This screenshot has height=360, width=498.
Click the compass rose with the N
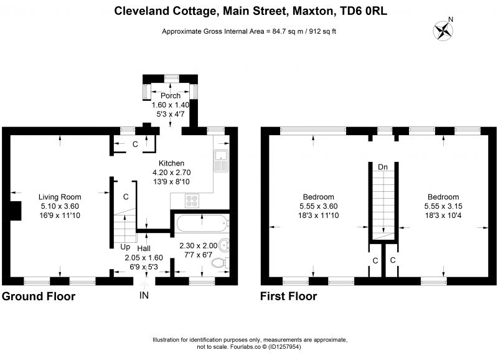coord(443,30)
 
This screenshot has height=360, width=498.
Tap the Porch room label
coord(171,96)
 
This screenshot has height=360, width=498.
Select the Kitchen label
coord(172,163)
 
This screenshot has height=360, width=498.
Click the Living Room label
coord(60,197)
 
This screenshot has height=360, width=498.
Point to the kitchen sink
coord(222,161)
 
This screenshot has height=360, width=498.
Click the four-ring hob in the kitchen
coord(192,201)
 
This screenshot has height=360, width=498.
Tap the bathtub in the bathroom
coord(202,224)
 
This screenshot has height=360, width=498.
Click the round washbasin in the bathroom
coord(225,245)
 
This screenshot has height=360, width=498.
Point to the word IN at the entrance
coord(144,295)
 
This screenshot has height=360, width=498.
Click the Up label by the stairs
coord(125,247)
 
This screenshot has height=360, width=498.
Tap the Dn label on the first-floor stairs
coord(383,167)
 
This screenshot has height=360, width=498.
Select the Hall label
coord(144,248)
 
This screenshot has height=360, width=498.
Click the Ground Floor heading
coord(39,296)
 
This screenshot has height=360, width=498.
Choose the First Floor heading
coord(289,296)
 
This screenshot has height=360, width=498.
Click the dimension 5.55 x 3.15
coord(443,206)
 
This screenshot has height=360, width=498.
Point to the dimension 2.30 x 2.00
coord(199,245)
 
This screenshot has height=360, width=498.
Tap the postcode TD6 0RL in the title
coord(364,11)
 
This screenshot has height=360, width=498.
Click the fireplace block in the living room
coord(16,211)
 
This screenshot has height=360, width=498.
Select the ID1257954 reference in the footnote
coord(284,347)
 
